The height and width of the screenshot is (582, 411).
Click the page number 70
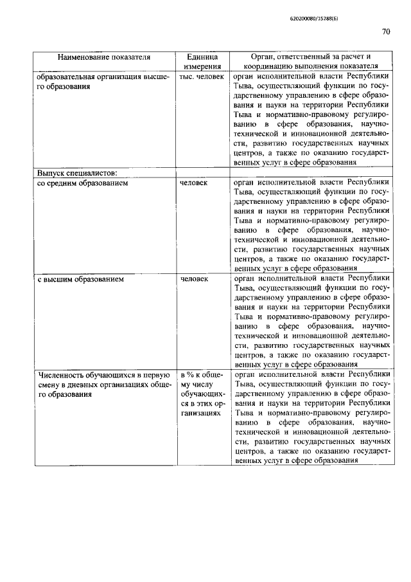tap(385, 32)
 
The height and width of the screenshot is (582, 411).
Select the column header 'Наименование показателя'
tap(104, 57)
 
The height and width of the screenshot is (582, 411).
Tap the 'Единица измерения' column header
tap(202, 61)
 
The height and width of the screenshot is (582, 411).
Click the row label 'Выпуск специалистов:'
tap(77, 173)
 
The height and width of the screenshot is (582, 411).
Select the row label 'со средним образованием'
tap(83, 183)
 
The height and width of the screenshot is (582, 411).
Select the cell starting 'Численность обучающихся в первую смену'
tap(104, 385)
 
